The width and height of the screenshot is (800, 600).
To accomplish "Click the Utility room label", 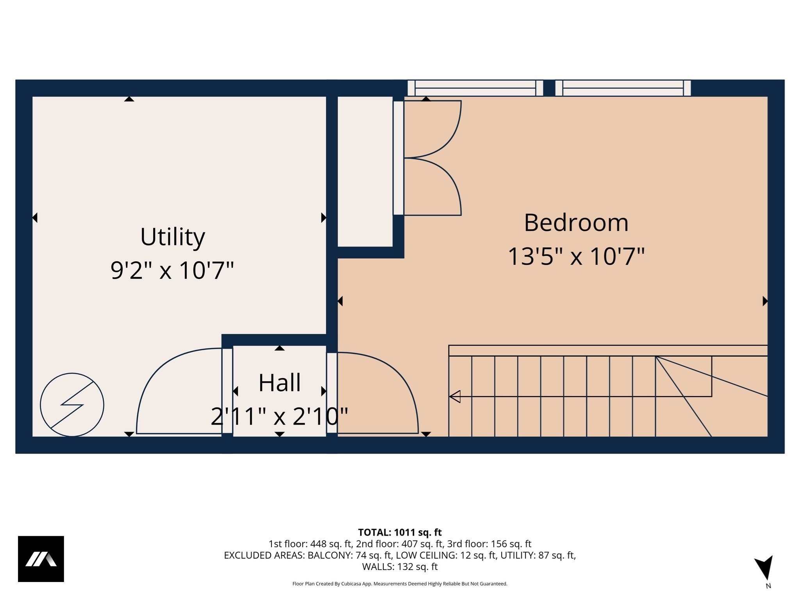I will [172, 237].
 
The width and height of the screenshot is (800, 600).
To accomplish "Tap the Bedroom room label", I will [576, 223].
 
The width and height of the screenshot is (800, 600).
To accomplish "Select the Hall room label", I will [280, 383].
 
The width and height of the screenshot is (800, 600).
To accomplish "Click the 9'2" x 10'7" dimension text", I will [172, 270].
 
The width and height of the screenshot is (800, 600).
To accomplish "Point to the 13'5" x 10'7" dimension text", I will [576, 257].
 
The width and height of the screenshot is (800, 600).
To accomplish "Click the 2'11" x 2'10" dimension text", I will [280, 416].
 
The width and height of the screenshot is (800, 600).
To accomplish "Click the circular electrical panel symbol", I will [72, 405].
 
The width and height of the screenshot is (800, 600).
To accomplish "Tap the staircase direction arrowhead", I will [455, 396].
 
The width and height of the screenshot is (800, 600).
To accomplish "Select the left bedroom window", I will [475, 88].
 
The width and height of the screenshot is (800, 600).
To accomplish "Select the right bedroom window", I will [623, 88].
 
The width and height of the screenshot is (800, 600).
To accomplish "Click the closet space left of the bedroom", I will [365, 172].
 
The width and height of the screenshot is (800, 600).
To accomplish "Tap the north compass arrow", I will [764, 567].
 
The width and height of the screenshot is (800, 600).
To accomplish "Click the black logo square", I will [41, 559].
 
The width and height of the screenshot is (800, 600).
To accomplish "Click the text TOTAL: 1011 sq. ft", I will [400, 532].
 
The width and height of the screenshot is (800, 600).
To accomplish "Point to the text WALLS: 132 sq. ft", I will [400, 566].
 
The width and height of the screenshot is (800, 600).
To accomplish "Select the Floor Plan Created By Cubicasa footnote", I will [400, 584].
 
